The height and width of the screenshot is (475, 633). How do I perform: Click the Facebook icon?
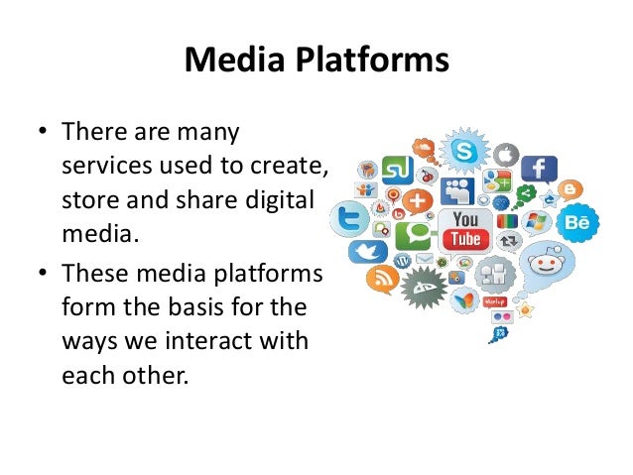pos(539,169)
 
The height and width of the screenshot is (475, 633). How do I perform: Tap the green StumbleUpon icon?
pos(397,171)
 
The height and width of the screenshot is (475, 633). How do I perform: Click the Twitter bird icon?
pos(374,252)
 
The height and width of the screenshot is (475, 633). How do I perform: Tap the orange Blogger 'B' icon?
pos(570,188)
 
